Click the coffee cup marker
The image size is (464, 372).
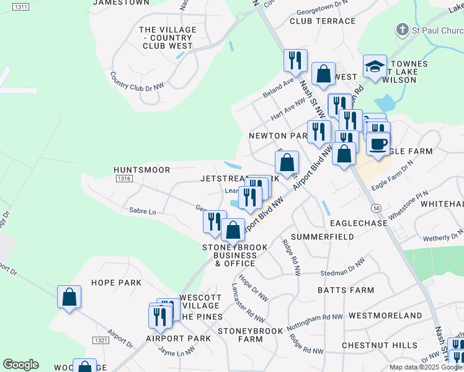click(378, 144)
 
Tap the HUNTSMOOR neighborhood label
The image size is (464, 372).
click(141, 169)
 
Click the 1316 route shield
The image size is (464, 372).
click(124, 179)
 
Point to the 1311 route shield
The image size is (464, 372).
click(20, 7)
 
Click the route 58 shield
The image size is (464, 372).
click(376, 206)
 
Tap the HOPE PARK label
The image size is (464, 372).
click(116, 283)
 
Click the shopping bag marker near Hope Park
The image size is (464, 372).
click(69, 297)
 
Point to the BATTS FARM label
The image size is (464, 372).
click(346, 290)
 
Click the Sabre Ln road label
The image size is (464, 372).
click(143, 211)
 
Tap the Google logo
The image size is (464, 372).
click(20, 365)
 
